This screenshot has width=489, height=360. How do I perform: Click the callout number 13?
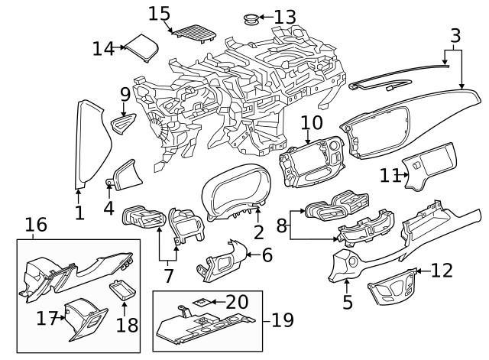coord(283,16)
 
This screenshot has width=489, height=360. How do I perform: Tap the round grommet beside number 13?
coord(249,17)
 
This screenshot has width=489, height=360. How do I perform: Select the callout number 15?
coord(159,13)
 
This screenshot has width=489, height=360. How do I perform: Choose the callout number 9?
coord(125,94)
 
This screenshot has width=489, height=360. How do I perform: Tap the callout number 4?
coord(109,207)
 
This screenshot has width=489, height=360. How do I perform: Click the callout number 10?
coord(312,122)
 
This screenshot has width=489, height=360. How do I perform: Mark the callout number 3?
coord(455,36)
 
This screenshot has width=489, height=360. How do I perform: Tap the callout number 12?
coord(442,270)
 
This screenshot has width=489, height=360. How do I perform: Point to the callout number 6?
coord(267,255)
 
